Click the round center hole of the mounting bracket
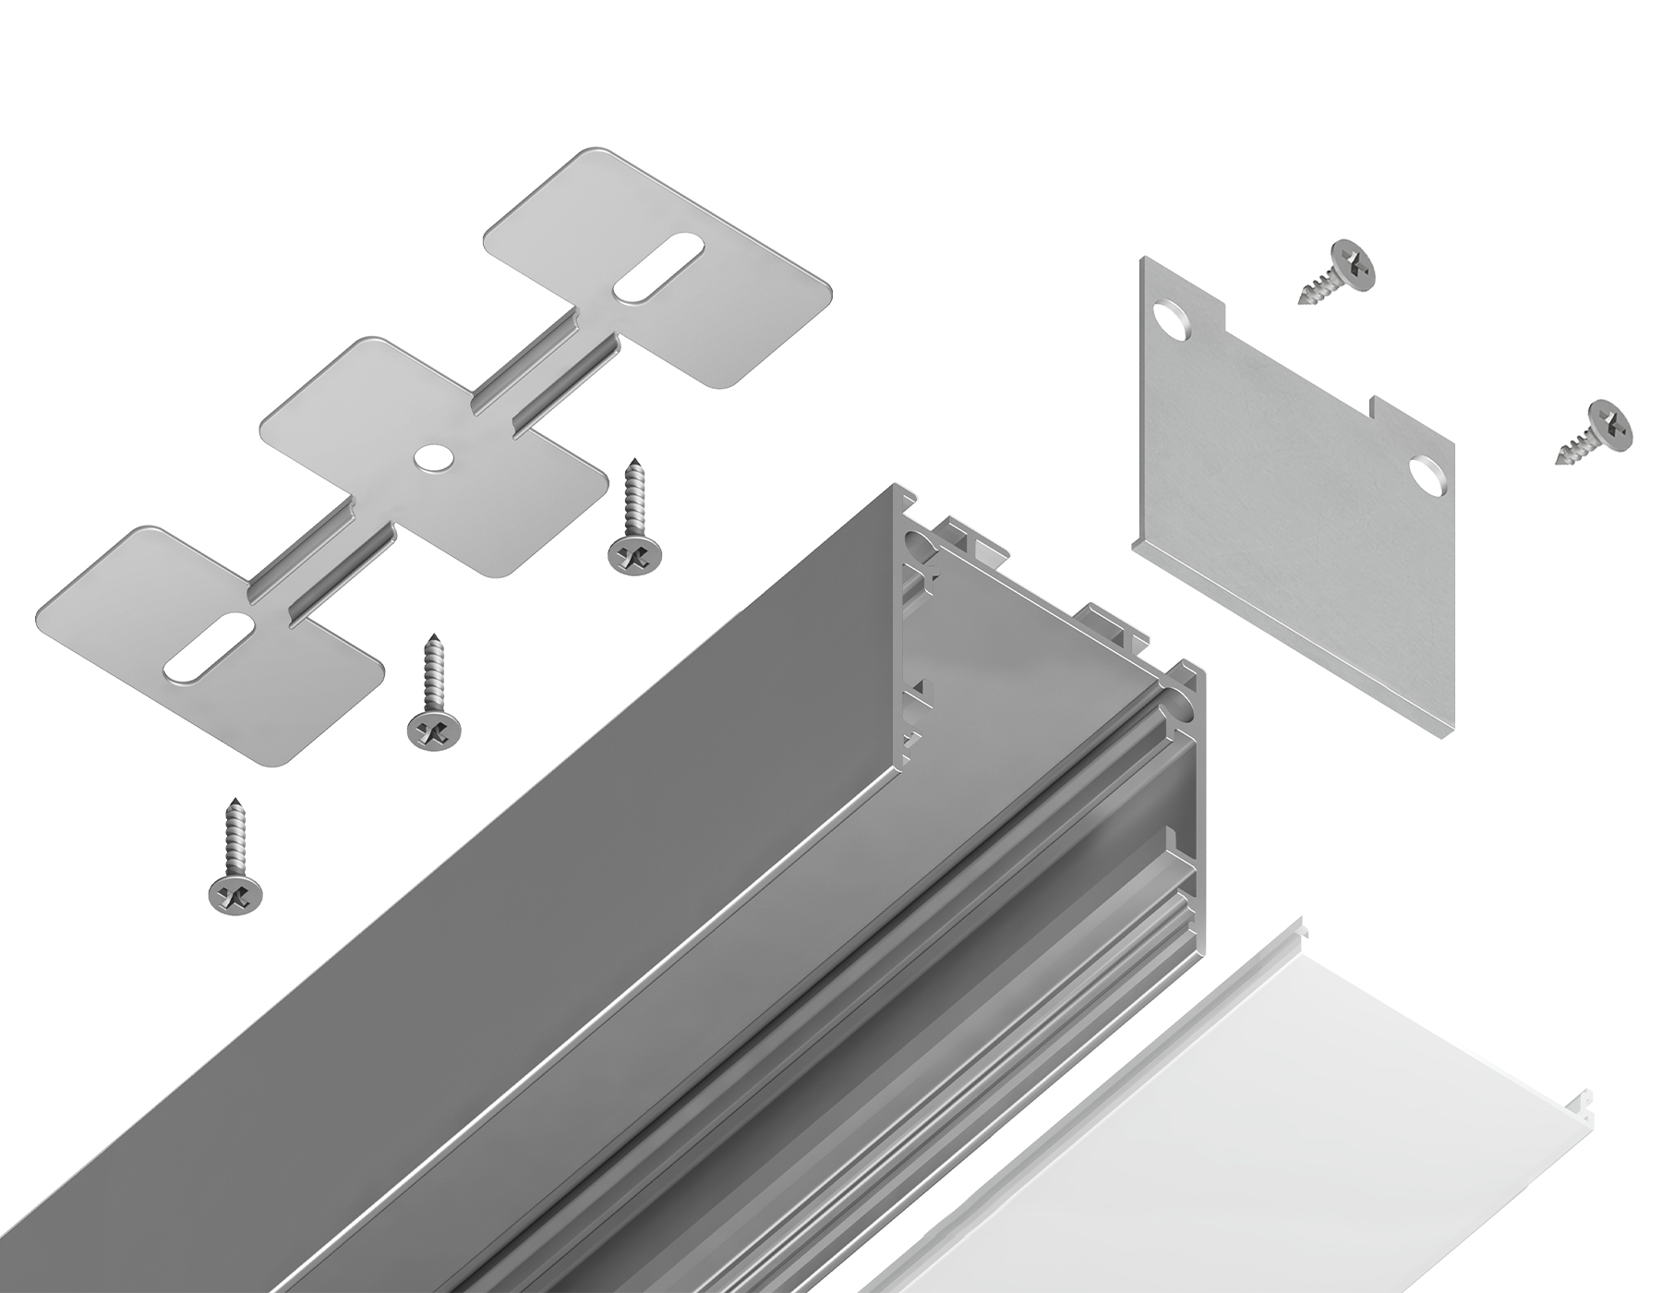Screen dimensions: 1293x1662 point(430,457)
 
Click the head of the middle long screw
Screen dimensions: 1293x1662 point(432,731)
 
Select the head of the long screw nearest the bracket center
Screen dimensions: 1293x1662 point(635,555)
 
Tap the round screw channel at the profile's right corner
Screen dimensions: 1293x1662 point(1184,704)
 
